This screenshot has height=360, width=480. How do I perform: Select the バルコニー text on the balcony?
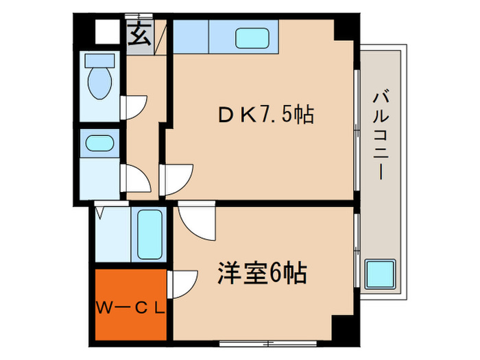pyautogui.click(x=379, y=136)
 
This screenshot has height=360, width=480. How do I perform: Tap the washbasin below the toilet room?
pyautogui.click(x=99, y=143)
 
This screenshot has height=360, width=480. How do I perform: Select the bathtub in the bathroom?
pyautogui.click(x=149, y=234)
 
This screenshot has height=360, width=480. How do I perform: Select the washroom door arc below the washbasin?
pyautogui.click(x=136, y=179)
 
